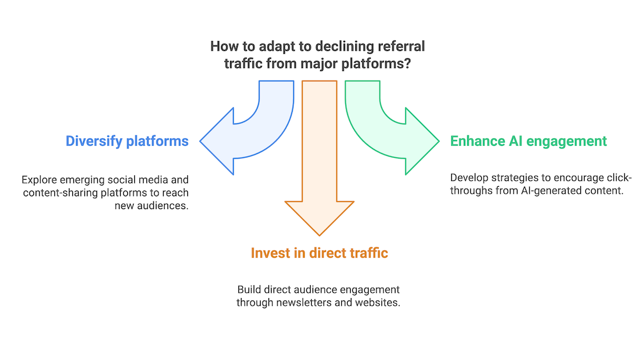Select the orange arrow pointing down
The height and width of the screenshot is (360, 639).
click(x=319, y=160)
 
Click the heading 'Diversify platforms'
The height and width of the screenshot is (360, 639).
click(x=127, y=141)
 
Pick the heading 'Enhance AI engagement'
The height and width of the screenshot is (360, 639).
click(x=528, y=141)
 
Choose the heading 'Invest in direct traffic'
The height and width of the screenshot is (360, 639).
click(x=319, y=253)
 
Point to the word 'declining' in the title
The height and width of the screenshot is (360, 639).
click(x=350, y=47)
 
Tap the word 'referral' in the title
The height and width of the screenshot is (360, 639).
click(x=401, y=47)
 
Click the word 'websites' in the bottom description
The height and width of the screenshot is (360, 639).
click(x=380, y=302)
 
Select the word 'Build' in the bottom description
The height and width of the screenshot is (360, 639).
click(x=250, y=290)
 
